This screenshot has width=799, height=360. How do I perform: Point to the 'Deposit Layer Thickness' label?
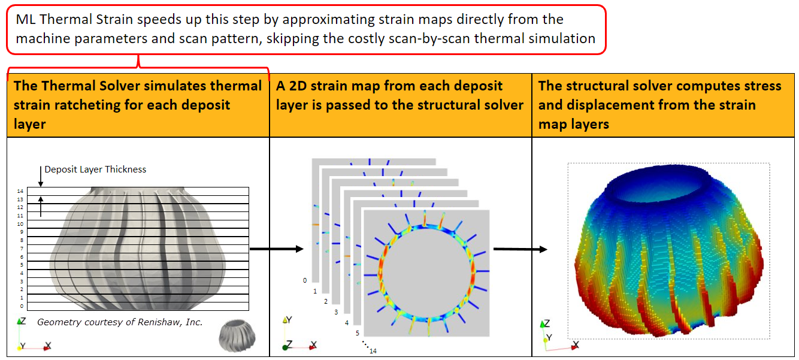click(95, 170)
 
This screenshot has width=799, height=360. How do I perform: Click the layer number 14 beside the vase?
click(21, 190)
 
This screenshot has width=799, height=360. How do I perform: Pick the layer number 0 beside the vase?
click(22, 306)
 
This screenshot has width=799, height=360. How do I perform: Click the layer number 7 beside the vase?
click(22, 248)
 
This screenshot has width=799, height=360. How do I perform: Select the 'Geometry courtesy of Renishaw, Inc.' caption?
click(120, 322)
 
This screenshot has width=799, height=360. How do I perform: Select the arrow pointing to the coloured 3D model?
click(520, 249)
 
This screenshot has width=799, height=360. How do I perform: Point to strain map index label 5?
click(357, 333)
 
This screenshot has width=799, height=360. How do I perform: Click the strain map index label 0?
click(305, 280)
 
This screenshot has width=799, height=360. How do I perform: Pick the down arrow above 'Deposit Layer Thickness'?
click(41, 177)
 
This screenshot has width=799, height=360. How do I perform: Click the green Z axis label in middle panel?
click(289, 344)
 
